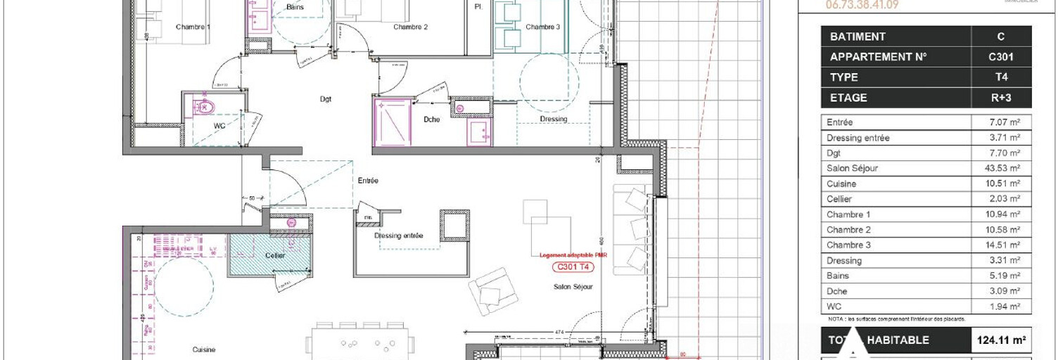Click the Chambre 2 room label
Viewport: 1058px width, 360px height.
[411, 27]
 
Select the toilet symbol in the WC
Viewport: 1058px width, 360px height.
[205, 108]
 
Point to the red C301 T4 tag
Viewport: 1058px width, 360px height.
[572, 266]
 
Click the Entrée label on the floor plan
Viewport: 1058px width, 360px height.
[368, 181]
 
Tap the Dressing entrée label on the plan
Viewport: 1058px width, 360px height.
[399, 236]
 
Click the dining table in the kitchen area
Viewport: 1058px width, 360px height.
[359, 344]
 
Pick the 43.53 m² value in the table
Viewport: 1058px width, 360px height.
[1005, 169]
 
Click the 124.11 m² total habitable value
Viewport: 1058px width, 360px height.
[1000, 340]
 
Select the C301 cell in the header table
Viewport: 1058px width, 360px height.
[1001, 57]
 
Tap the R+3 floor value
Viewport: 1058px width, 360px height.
[1001, 98]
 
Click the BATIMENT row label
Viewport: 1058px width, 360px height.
[858, 37]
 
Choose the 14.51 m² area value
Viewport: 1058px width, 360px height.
[1005, 245]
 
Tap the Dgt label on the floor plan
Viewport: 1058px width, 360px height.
[326, 99]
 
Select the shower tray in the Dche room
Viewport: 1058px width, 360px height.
[392, 123]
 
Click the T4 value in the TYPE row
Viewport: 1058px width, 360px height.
[1001, 77]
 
